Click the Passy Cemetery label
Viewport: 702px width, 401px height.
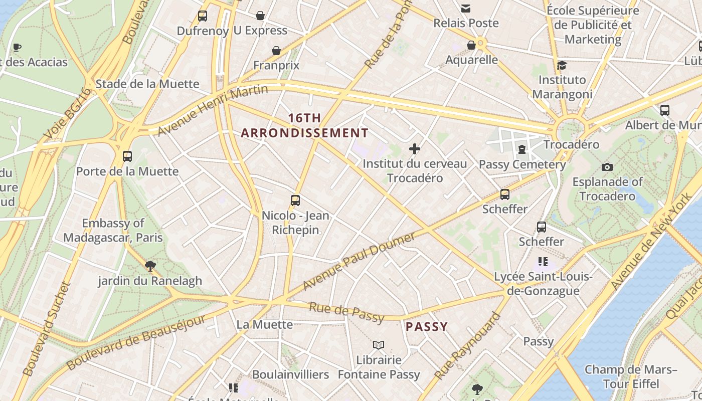click(522, 164)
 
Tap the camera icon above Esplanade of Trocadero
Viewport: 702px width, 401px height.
click(607, 167)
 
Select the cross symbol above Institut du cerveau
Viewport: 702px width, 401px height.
click(415, 149)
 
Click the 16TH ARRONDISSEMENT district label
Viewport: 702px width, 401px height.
click(304, 125)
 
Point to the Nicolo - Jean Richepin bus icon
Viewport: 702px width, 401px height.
click(295, 200)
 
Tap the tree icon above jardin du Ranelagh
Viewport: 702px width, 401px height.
click(149, 266)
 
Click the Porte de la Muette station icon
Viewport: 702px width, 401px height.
click(127, 156)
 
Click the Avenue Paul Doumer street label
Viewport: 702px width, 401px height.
click(359, 261)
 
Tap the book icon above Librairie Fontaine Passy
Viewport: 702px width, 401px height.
click(379, 345)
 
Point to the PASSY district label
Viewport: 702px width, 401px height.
click(426, 327)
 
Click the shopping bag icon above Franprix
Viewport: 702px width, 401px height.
click(276, 51)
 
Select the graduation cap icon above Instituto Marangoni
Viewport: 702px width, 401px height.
click(562, 65)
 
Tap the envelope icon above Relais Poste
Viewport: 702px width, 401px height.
click(466, 8)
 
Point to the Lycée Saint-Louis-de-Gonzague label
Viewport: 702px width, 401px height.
click(544, 284)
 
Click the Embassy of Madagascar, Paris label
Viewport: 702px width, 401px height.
click(113, 230)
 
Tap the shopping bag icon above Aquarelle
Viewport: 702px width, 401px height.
click(471, 46)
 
